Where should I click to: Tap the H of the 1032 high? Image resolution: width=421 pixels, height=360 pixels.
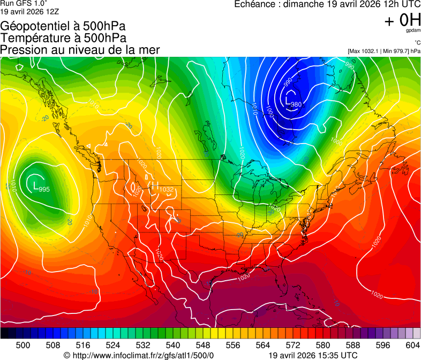click(x=155, y=187)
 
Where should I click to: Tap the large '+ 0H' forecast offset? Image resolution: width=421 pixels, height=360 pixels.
click(x=402, y=21)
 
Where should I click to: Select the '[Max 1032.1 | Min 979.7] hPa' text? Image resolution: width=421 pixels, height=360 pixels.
click(x=384, y=51)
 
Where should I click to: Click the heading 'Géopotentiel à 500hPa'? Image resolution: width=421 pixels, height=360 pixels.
click(x=63, y=27)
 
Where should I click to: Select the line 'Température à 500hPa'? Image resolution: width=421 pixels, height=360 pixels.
click(x=63, y=38)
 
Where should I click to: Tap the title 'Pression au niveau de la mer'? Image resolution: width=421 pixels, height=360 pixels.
click(x=80, y=50)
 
